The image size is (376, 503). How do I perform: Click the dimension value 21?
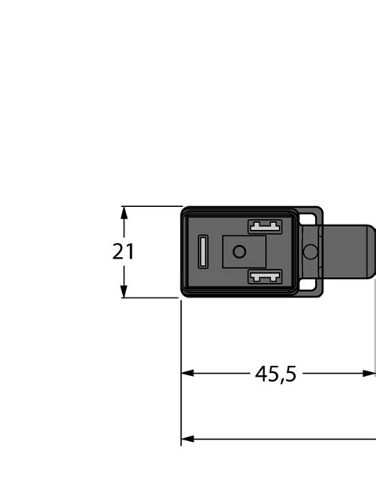point(123,252)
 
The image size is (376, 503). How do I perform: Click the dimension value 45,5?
point(276,373)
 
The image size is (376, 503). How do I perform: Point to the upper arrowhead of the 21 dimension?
point(124,211)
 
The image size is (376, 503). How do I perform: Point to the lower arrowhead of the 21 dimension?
point(124,293)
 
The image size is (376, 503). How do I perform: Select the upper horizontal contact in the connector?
point(265,227)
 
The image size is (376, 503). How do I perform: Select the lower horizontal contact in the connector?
point(265,277)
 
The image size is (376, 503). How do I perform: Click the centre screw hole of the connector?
point(238,252)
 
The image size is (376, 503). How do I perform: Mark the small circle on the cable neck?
point(310,252)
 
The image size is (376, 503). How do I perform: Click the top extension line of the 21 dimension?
point(151,206)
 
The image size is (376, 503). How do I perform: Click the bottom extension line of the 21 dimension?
point(151,298)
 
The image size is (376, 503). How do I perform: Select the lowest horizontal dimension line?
point(278,439)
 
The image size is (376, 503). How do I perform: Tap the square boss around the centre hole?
point(238,240)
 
